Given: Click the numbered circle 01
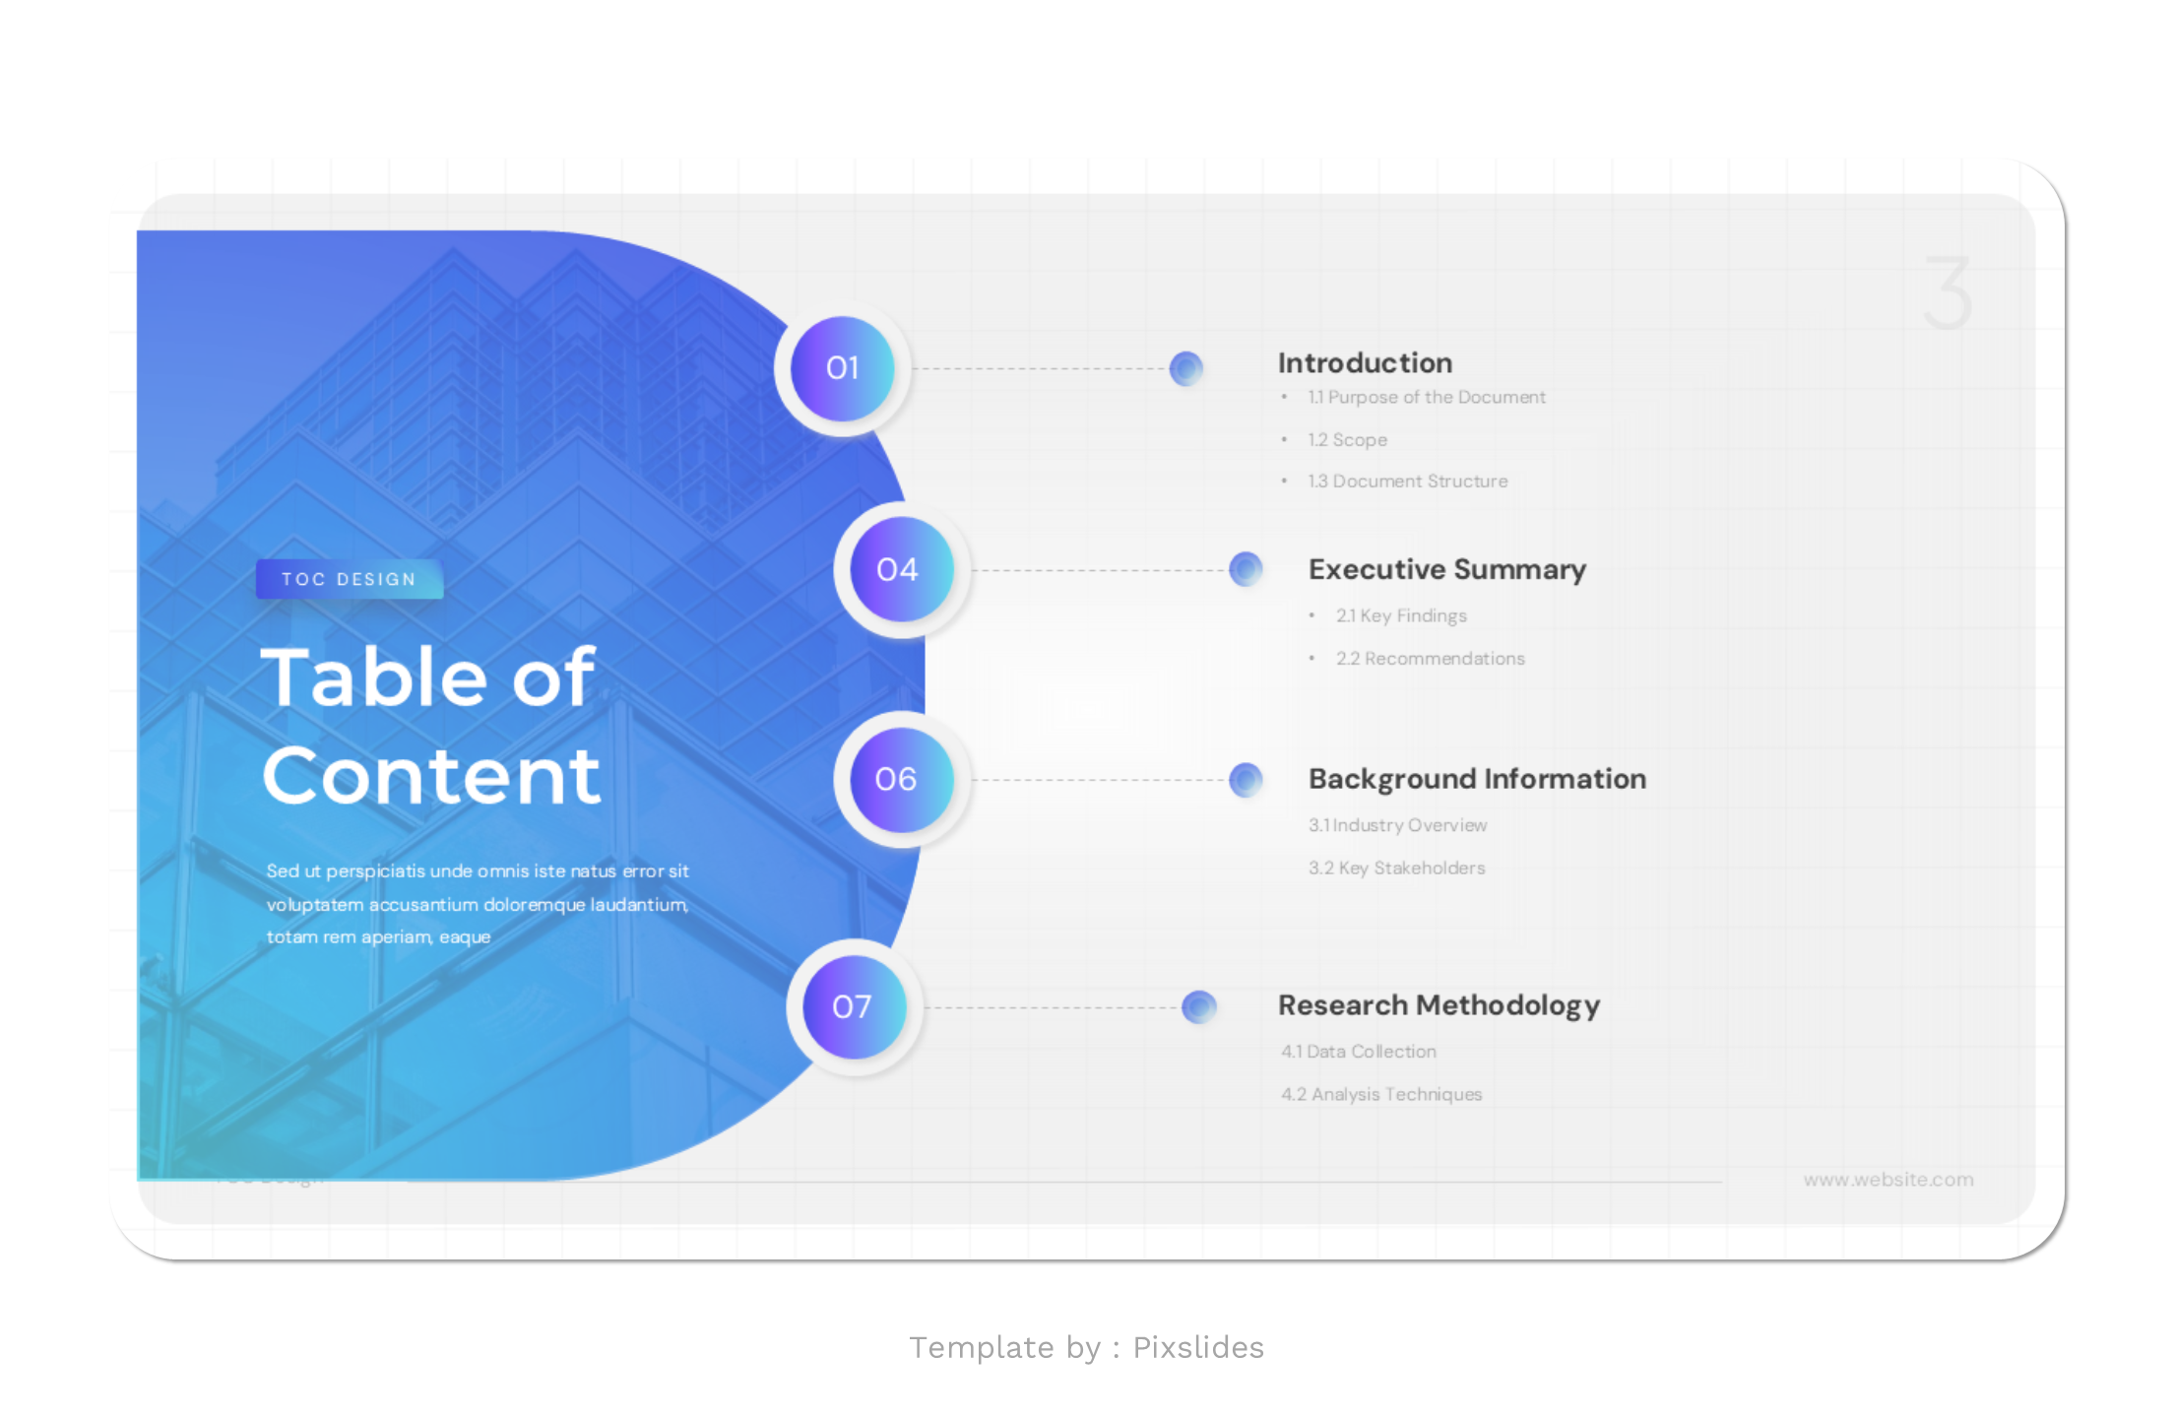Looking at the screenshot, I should [x=842, y=367].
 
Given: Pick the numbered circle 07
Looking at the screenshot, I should [x=854, y=1006].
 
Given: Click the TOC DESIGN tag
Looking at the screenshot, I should [x=350, y=579].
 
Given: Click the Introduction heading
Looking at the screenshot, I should [x=1365, y=363].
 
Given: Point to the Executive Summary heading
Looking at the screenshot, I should [x=1446, y=569].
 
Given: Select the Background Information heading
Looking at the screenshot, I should [x=1477, y=779].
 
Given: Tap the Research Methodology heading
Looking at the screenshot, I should [x=1439, y=1005].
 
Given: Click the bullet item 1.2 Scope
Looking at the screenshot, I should [x=1347, y=440].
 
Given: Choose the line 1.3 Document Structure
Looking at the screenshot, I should [x=1407, y=482].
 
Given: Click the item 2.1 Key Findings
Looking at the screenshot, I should [x=1401, y=615].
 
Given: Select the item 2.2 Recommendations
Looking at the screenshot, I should [x=1430, y=659].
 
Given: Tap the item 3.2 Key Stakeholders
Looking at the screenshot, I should [x=1396, y=868].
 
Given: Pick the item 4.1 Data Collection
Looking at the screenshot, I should [x=1358, y=1052].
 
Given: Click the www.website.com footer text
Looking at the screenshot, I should [x=1887, y=1180].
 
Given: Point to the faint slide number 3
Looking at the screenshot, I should [x=1948, y=293].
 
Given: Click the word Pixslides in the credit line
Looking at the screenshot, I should [x=1197, y=1347].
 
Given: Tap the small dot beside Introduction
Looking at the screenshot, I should [x=1186, y=368].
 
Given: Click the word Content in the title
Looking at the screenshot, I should [x=431, y=776].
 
